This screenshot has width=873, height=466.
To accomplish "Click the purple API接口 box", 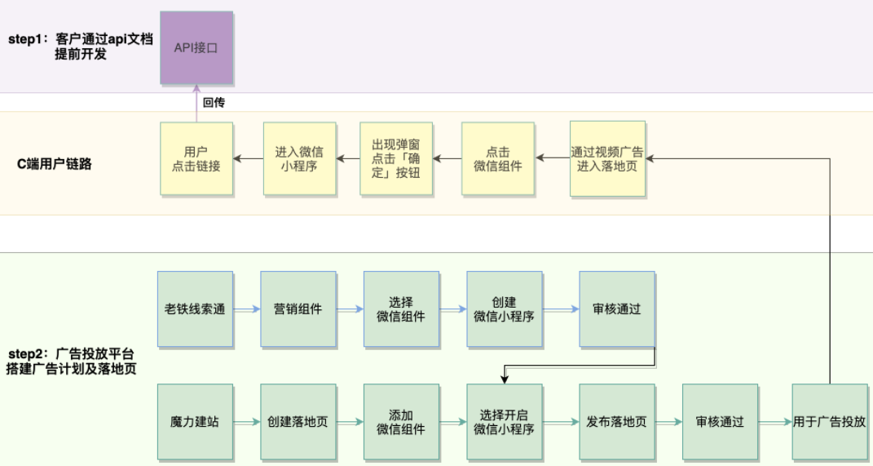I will tap(196, 47).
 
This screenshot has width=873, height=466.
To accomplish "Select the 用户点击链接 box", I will tap(196, 158).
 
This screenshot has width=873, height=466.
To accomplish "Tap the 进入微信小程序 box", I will tap(298, 158).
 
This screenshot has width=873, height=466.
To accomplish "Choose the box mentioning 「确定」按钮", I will tap(395, 158).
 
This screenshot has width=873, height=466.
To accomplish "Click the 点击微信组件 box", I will tap(497, 158).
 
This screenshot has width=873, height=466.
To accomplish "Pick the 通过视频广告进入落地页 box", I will tap(608, 158).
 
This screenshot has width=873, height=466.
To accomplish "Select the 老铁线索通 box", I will tap(194, 310).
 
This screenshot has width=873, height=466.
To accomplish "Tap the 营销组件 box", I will tap(298, 310).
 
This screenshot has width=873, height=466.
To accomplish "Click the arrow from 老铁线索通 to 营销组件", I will tap(246, 310).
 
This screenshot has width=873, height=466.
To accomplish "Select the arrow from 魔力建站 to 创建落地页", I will tap(246, 423).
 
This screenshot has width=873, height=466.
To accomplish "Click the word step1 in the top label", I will tap(24, 39).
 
